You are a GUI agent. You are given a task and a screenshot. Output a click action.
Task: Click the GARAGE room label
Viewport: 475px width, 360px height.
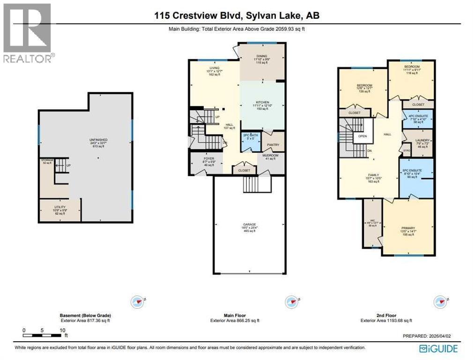249,225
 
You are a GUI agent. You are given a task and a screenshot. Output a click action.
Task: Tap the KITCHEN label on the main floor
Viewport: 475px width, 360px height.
262,102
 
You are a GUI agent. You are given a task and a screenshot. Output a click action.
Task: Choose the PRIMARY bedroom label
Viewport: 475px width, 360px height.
408,227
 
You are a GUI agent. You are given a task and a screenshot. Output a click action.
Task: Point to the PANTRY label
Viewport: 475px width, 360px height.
273,145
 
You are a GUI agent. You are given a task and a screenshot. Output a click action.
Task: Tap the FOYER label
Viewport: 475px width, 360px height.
209,158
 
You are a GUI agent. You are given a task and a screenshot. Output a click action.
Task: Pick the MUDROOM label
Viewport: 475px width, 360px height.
271,156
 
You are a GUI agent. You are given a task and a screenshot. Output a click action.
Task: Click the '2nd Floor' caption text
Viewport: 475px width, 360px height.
387,315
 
